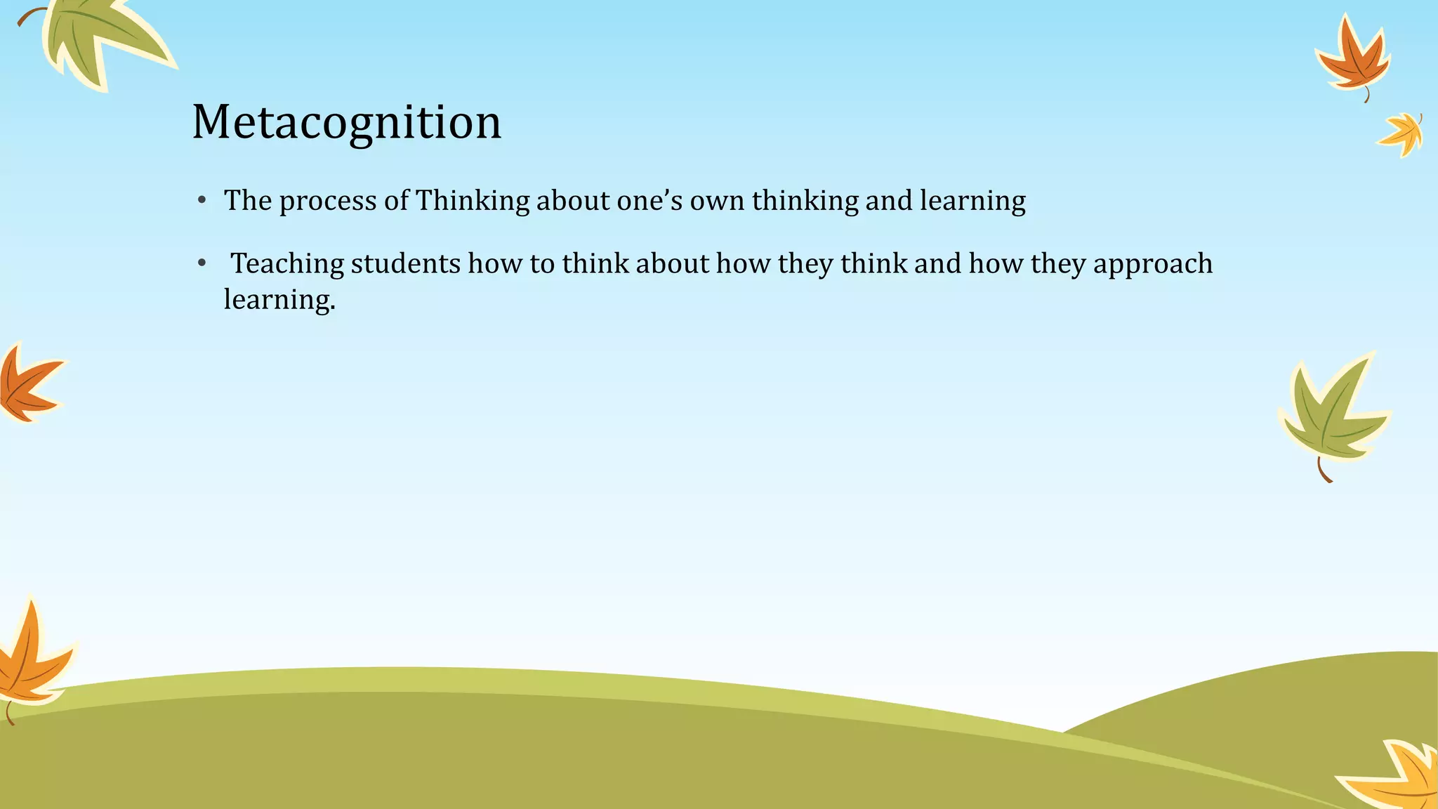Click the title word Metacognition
(x=347, y=122)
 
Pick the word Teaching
(x=287, y=264)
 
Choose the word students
(x=405, y=264)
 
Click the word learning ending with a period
(x=279, y=300)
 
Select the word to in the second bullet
(x=542, y=264)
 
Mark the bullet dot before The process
(x=202, y=201)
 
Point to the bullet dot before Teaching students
(x=202, y=263)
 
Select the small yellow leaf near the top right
(x=1401, y=133)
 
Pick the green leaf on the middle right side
(x=1331, y=414)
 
